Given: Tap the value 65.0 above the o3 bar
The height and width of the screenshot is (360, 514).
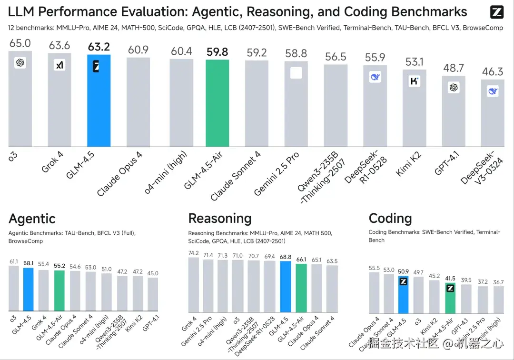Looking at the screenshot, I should click(20, 44).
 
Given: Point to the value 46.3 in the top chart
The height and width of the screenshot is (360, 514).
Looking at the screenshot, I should click(493, 72).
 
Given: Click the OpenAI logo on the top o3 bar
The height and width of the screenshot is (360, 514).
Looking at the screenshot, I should click(20, 62).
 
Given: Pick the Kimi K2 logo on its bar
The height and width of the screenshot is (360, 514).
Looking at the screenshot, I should click(415, 81).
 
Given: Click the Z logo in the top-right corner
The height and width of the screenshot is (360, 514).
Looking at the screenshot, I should click(496, 12).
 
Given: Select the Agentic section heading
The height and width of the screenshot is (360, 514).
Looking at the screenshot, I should click(32, 219).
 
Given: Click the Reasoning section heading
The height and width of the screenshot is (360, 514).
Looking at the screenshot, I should click(220, 219).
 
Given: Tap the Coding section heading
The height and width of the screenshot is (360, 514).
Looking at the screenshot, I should click(390, 219).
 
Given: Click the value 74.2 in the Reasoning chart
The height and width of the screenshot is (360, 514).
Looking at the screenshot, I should click(194, 253).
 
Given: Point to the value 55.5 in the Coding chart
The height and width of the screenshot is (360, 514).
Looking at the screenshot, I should click(375, 268).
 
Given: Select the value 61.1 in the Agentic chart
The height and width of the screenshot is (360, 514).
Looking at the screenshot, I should click(14, 261).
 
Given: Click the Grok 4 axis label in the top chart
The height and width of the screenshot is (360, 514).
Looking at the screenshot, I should click(53, 161).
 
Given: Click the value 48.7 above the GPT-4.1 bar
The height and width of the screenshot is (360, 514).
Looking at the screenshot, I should click(454, 68).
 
